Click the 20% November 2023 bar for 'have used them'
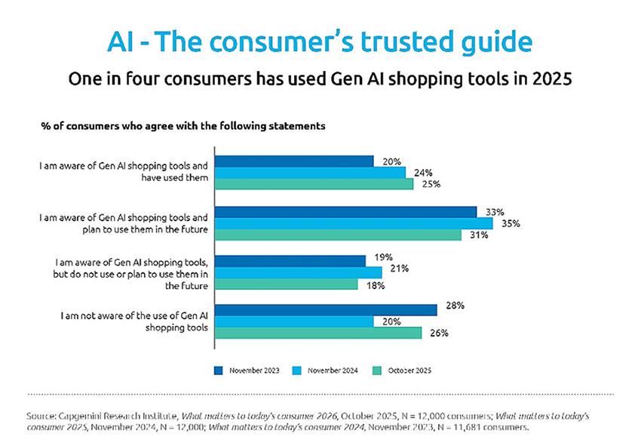coord(294,161)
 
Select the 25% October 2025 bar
coord(314,183)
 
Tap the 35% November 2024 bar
coord(354,223)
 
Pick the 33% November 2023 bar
coord(345,212)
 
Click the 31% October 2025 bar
coord(338,235)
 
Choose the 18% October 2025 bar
coord(286,284)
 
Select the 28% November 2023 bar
coord(326,310)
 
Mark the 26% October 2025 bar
coord(317,333)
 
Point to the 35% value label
coord(511,223)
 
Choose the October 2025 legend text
coord(410,370)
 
